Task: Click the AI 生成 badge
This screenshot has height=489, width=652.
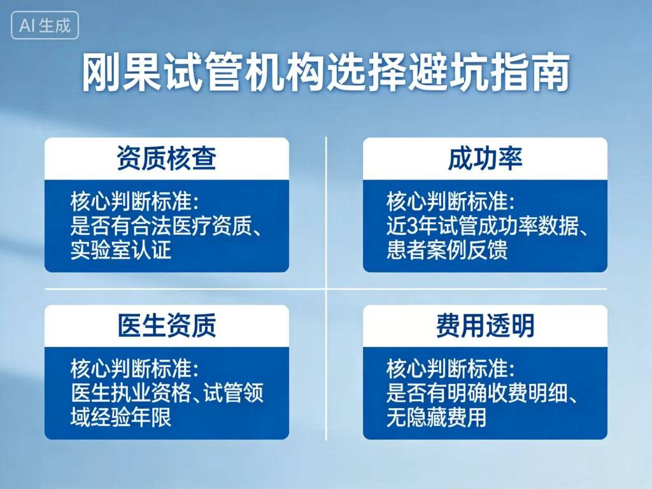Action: (x=45, y=25)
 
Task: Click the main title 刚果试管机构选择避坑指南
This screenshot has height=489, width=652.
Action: (x=325, y=74)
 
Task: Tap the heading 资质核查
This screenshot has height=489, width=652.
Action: (x=166, y=159)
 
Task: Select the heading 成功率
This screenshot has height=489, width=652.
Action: (x=485, y=159)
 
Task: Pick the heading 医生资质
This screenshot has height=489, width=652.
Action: (x=166, y=325)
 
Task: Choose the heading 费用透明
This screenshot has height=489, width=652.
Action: (x=485, y=325)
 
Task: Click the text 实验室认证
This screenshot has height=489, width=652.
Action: (x=121, y=249)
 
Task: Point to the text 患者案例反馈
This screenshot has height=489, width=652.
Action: (x=447, y=249)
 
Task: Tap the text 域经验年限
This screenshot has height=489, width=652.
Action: (x=121, y=416)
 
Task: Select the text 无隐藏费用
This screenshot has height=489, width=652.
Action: (x=437, y=416)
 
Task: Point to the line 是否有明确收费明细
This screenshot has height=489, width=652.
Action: (x=475, y=393)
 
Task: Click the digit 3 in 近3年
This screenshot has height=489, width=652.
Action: (x=411, y=226)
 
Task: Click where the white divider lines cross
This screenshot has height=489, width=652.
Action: (x=326, y=289)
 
